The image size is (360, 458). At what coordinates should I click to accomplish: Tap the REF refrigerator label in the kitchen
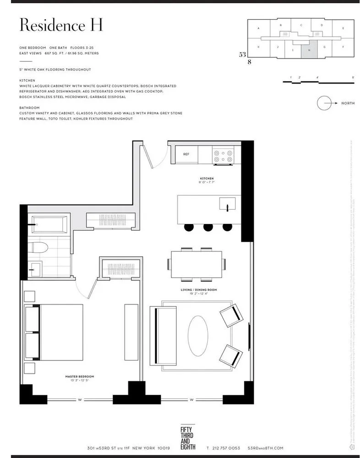coord(186,154)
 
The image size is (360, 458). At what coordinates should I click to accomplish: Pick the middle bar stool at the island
coord(208,227)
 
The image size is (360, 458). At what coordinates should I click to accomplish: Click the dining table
coord(196,264)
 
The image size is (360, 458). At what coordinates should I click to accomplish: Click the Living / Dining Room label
coord(198,290)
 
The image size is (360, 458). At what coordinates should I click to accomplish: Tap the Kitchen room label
coord(207,178)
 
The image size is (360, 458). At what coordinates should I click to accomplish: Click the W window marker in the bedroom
coord(80,400)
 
